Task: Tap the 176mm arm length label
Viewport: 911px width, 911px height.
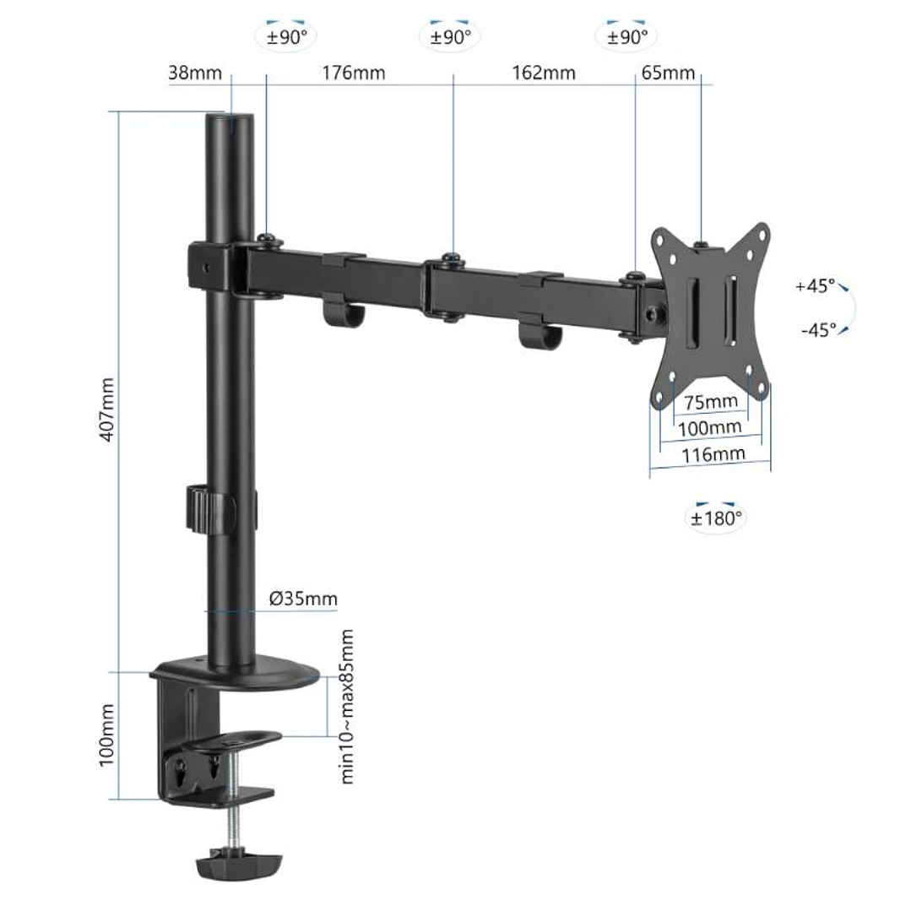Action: point(353,73)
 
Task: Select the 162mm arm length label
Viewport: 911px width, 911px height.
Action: point(544,73)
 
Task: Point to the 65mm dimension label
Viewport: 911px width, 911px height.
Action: point(668,72)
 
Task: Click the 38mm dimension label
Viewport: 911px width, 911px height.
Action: point(195,72)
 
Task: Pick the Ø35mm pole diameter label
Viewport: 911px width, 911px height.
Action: point(303,599)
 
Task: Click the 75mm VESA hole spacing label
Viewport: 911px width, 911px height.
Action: point(710,401)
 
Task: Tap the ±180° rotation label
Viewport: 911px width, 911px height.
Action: point(715,518)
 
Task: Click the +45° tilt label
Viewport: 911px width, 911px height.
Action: point(815,285)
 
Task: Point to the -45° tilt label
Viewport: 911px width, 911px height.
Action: point(818,329)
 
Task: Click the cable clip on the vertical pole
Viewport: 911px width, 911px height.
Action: point(208,509)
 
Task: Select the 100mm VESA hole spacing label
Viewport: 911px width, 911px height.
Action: point(710,428)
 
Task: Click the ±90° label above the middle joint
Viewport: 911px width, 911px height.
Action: point(450,36)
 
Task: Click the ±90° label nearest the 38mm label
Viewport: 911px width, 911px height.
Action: point(286,36)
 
